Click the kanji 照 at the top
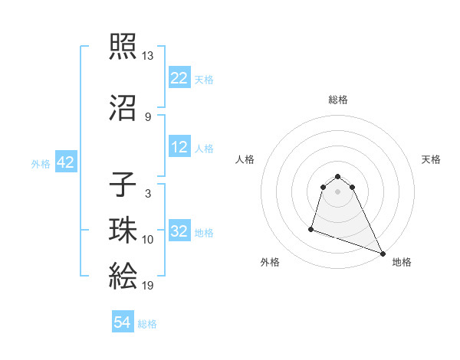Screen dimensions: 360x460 click(123, 48)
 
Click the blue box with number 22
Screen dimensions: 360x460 click(179, 78)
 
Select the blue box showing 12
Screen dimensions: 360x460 click(179, 147)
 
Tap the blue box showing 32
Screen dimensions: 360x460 click(179, 231)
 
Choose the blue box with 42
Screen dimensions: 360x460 click(64, 162)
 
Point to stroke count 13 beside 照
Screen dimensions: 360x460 click(147, 56)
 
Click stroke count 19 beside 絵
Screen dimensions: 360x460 click(147, 286)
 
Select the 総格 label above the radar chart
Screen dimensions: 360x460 click(338, 100)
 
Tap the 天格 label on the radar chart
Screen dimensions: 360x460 click(431, 159)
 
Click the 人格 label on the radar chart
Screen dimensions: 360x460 click(245, 159)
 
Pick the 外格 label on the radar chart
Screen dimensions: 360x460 click(270, 262)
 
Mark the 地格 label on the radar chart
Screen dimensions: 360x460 click(402, 262)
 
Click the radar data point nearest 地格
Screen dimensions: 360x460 click(383, 253)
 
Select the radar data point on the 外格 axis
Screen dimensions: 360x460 click(311, 228)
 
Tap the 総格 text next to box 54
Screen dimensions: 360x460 click(147, 324)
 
